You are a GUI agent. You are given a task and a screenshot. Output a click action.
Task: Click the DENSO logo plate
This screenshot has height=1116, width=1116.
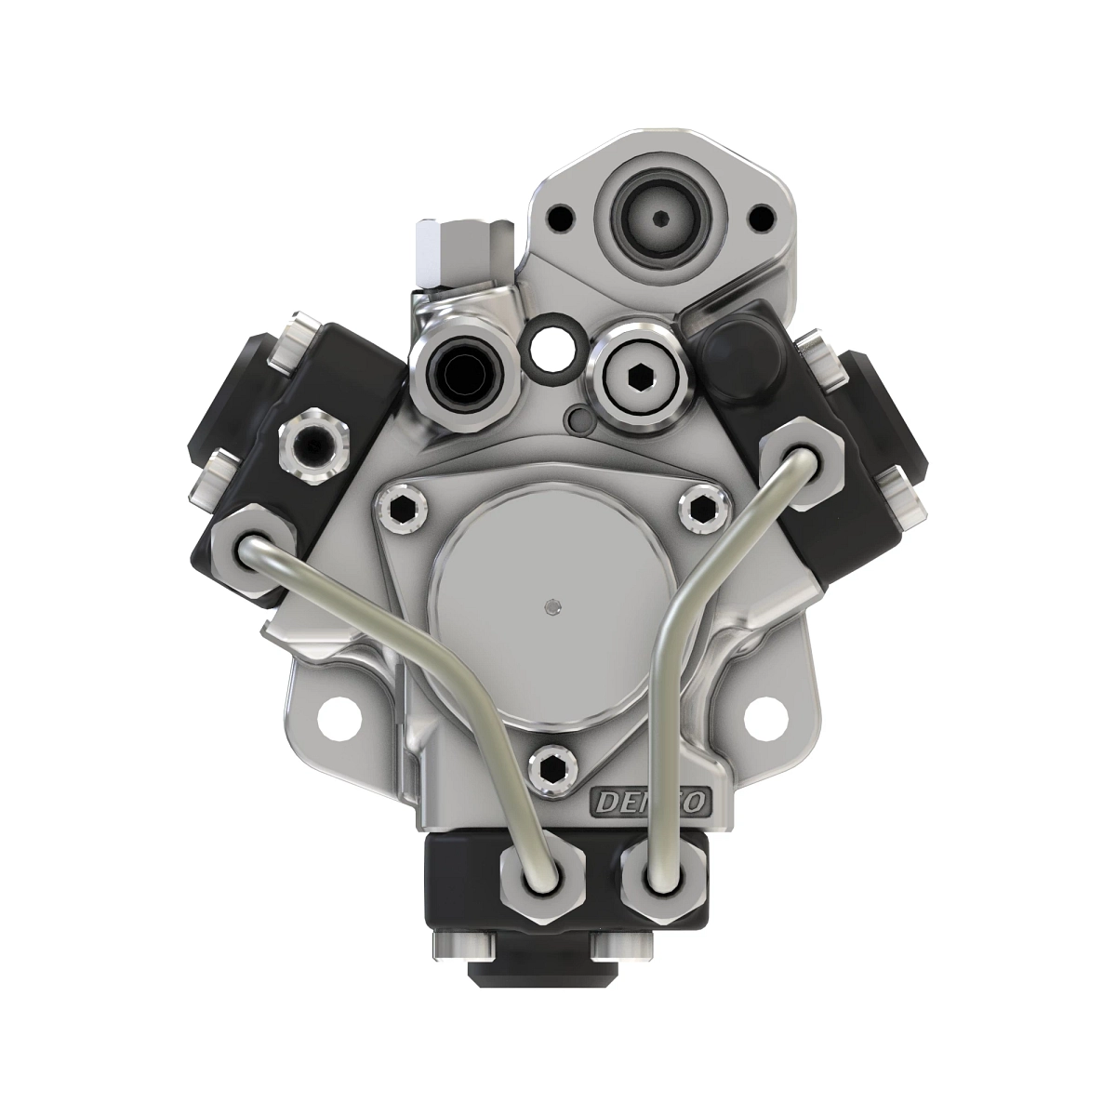point(652,800)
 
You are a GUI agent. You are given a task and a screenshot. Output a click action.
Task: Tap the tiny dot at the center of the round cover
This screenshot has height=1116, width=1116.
point(554,606)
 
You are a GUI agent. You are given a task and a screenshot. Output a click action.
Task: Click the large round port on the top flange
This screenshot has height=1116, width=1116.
point(658,219)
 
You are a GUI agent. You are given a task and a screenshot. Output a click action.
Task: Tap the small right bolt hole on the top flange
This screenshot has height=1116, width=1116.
point(761,220)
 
